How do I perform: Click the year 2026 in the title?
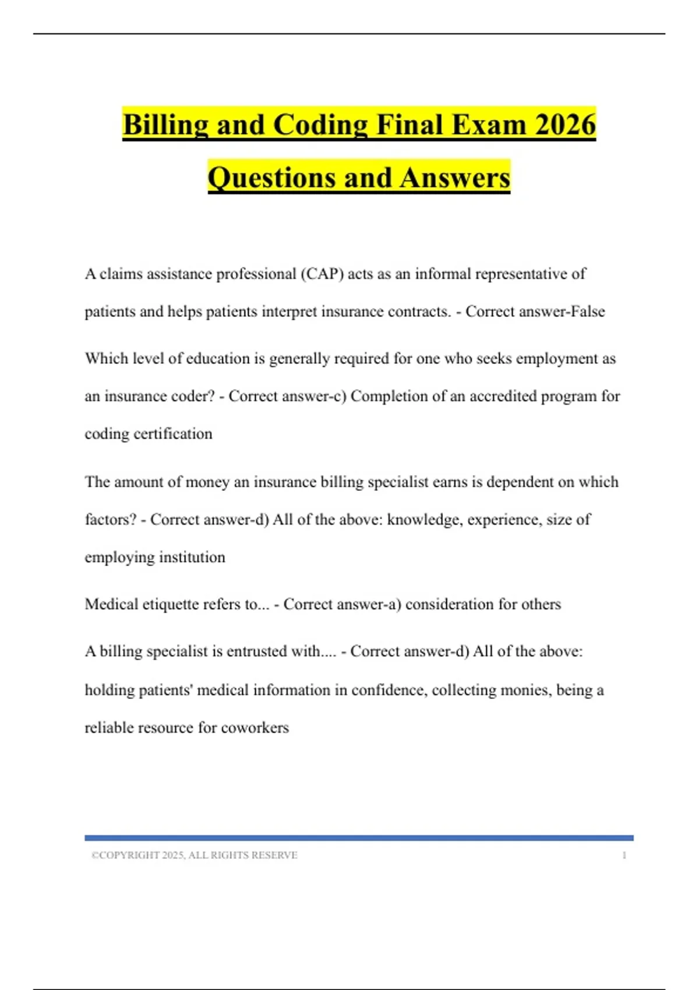[x=564, y=125]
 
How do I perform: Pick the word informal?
[x=442, y=274]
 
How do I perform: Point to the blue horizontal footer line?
[x=359, y=838]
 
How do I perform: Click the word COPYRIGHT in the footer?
[x=129, y=855]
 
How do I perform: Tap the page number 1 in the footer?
[x=624, y=855]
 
